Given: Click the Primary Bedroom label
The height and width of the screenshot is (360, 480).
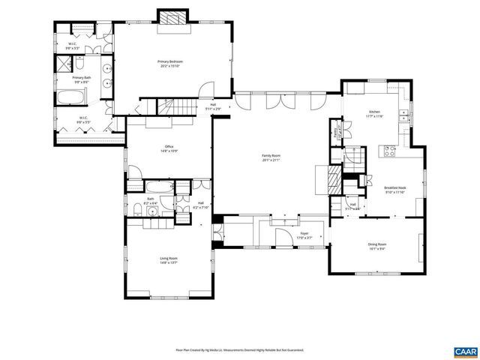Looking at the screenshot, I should [x=169, y=63].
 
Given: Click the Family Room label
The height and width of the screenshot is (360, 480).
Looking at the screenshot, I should [x=270, y=157].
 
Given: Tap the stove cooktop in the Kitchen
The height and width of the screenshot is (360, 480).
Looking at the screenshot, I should [x=389, y=150].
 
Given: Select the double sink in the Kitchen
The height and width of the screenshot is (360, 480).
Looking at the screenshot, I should [x=405, y=115].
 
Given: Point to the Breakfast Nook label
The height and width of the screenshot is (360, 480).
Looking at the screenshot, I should [x=394, y=190].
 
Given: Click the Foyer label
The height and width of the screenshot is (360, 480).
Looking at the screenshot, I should [x=304, y=235].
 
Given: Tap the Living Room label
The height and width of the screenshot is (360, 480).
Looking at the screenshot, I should [x=168, y=259].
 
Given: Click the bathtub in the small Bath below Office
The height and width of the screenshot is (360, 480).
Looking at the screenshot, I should [x=158, y=187].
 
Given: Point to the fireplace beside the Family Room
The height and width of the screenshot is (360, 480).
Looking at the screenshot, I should [x=334, y=179].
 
